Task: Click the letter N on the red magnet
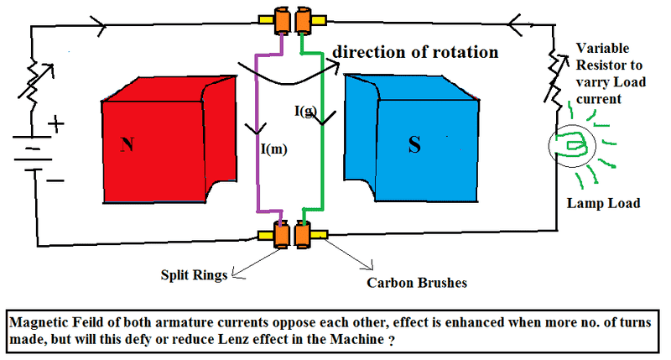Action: tap(127, 145)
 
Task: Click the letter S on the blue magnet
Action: tap(414, 145)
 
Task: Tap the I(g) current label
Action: tap(304, 111)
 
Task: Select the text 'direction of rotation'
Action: tap(415, 52)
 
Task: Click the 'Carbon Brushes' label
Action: tap(416, 283)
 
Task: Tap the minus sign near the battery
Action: tap(57, 179)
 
